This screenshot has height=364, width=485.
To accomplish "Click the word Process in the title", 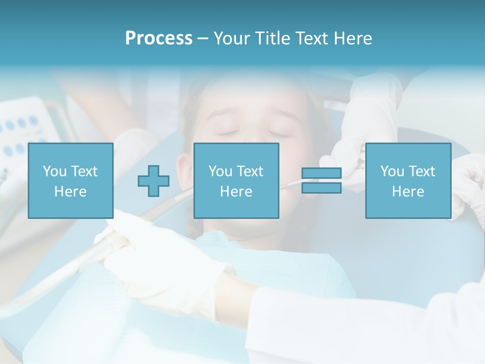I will point(159,38).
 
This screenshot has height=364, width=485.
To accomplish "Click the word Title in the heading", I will point(272,38).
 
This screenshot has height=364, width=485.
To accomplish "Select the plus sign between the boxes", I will point(154,181).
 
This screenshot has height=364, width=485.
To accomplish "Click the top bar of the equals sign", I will point(321,173).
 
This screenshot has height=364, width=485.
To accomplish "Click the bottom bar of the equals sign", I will point(321,188).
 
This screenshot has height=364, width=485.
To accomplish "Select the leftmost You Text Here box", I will point(70,180).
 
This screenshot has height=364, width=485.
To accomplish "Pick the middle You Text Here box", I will point(236,180).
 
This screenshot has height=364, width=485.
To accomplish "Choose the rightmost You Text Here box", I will point(408,180).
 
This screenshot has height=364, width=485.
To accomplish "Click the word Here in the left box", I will point(70,192).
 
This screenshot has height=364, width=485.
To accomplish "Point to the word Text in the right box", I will point(422,171).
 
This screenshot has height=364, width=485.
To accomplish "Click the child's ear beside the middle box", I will point(184,167).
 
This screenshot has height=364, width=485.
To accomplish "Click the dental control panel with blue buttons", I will point(23,126).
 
